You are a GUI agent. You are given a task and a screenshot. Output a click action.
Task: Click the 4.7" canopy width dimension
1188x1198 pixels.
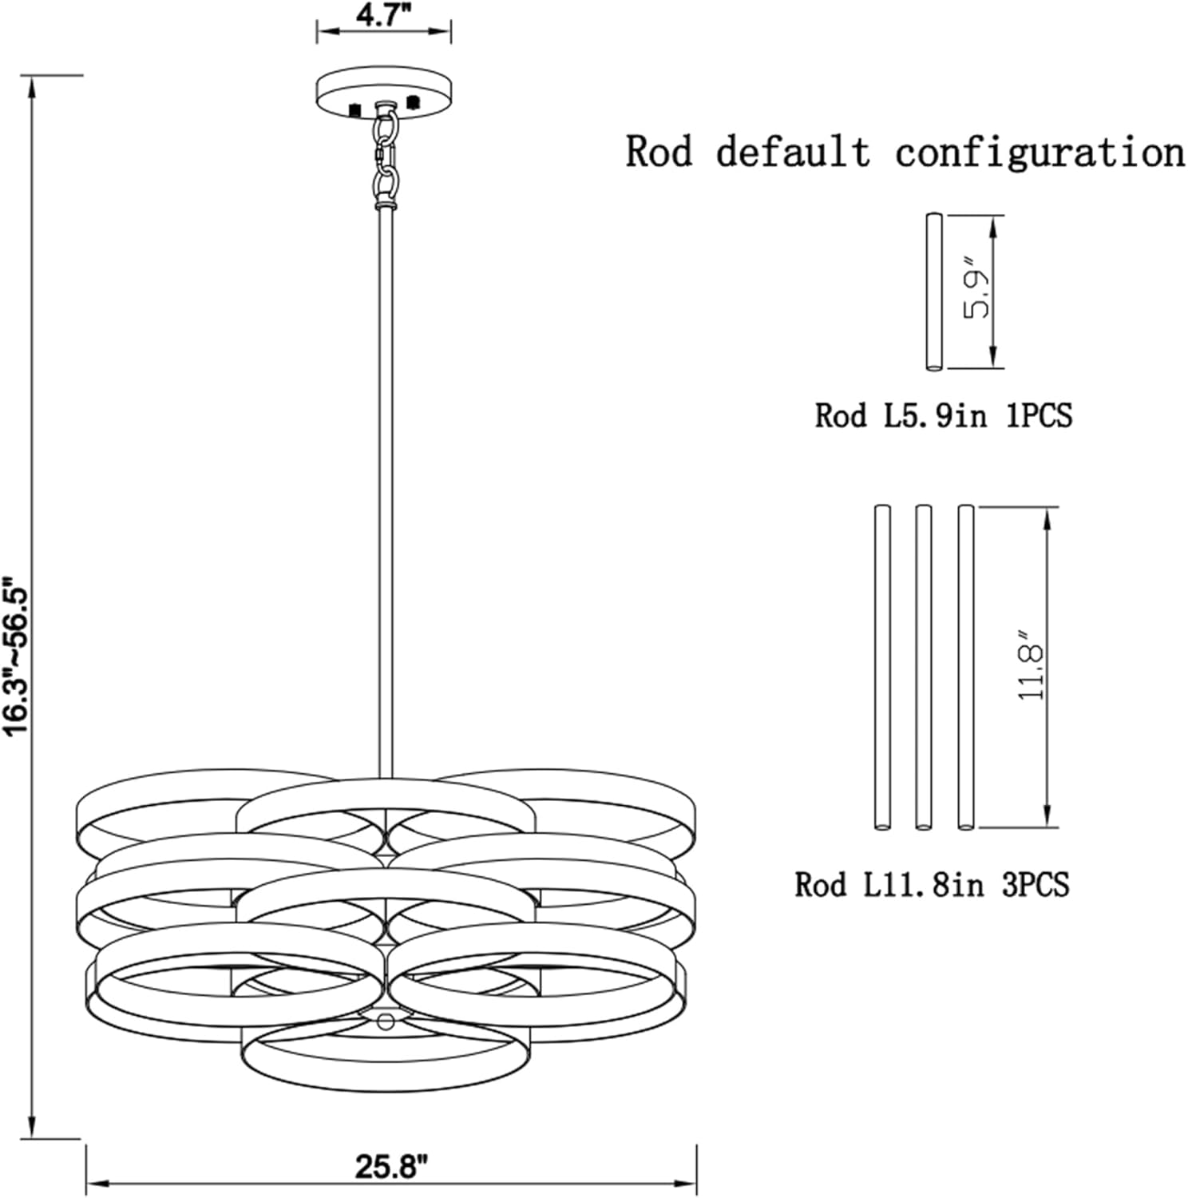(384, 14)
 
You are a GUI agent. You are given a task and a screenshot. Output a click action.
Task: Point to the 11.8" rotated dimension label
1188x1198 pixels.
(1030, 672)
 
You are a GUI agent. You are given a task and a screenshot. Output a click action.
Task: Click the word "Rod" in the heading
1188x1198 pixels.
(659, 152)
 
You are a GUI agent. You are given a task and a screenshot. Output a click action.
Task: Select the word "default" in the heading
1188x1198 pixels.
(793, 152)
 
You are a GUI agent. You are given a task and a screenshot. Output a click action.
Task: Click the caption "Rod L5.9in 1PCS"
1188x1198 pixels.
(943, 415)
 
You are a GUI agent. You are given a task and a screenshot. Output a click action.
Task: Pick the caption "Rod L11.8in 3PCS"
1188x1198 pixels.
(932, 884)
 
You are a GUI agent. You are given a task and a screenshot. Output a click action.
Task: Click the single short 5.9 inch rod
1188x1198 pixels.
(934, 292)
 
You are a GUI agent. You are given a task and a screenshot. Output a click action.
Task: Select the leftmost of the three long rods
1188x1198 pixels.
(882, 667)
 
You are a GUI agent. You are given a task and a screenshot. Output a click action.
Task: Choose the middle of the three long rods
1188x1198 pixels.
(924, 667)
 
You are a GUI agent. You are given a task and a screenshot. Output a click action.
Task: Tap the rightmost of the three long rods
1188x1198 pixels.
(966, 667)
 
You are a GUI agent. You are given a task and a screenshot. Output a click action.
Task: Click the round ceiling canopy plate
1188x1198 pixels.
(384, 94)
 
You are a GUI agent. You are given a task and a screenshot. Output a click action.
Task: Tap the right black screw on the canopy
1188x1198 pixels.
(413, 102)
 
